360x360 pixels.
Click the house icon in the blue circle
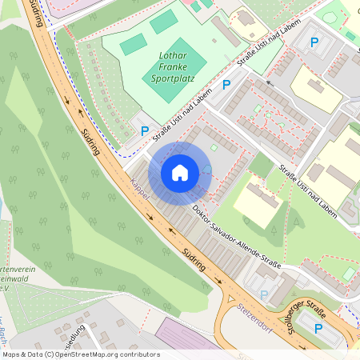180,172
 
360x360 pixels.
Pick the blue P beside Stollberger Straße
318,328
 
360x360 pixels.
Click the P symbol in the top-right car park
314,42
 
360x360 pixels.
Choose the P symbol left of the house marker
145,131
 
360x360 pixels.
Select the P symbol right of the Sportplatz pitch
226,84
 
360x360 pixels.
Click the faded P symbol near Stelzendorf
264,294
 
